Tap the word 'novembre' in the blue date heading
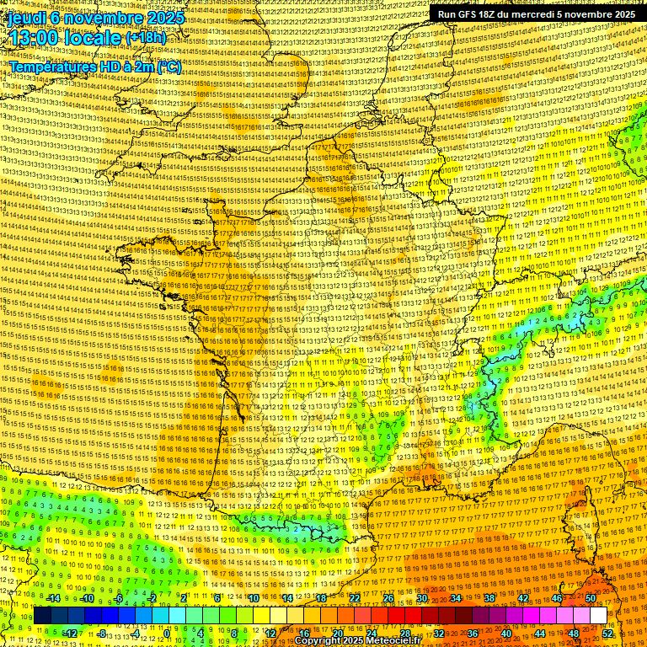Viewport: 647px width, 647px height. click(101, 17)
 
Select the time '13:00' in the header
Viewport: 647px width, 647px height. click(35, 38)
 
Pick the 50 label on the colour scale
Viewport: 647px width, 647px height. click(591, 598)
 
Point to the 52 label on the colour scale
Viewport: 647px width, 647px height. click(607, 634)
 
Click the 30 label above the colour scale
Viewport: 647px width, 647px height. click(421, 598)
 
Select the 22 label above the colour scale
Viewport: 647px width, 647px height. click(354, 598)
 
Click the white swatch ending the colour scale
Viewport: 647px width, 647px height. click(598, 616)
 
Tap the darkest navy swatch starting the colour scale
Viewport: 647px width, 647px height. click(42, 616)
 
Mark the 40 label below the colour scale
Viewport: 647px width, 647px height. click(506, 634)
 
